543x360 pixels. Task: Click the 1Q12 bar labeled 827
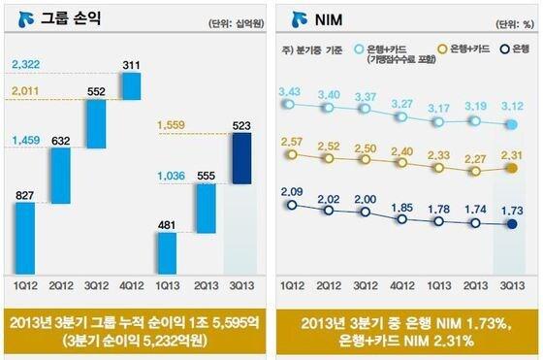(x=25, y=238)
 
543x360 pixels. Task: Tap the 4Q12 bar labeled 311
(x=131, y=57)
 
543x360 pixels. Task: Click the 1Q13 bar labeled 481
(x=168, y=253)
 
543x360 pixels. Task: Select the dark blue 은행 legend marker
(x=504, y=48)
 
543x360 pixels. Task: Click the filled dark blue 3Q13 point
(x=512, y=225)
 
